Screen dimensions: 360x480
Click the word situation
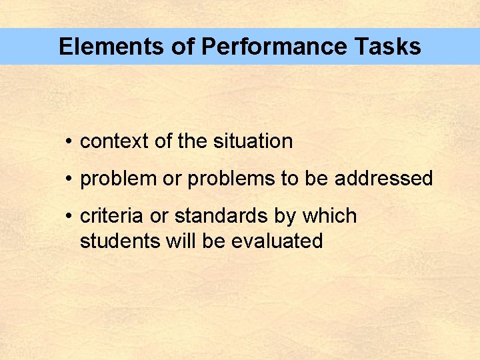(x=253, y=141)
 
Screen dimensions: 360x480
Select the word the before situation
(x=193, y=141)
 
